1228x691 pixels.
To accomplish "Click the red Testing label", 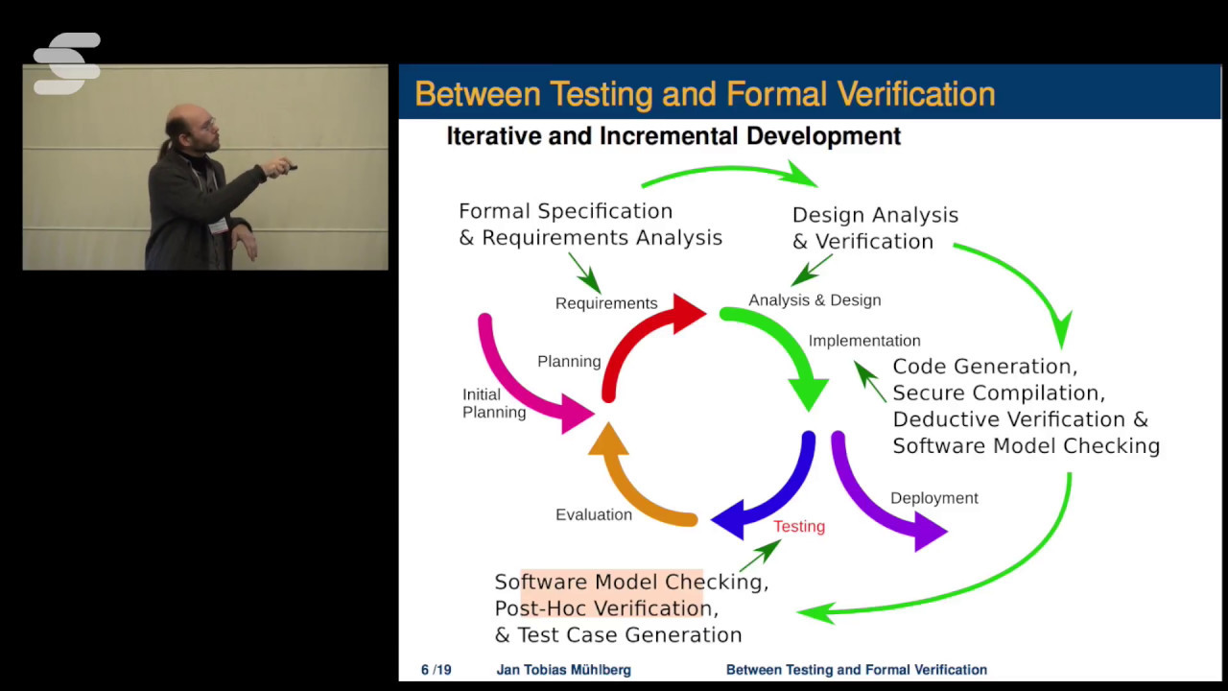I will point(798,526).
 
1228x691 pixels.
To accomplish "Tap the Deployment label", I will point(933,498).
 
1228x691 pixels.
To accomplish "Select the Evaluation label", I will point(593,514).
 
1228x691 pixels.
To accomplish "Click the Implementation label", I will point(863,341).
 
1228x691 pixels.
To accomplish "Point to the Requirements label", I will point(606,303).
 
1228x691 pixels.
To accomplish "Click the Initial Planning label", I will point(493,403).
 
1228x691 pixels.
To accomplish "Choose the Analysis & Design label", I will point(815,300).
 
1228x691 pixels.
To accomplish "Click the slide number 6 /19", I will point(436,670).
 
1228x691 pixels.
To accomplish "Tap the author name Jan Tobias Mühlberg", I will point(563,670).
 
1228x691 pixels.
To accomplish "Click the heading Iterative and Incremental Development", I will point(673,136).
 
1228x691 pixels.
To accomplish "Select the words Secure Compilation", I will point(998,393).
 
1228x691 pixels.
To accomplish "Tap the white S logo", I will point(67,63).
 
